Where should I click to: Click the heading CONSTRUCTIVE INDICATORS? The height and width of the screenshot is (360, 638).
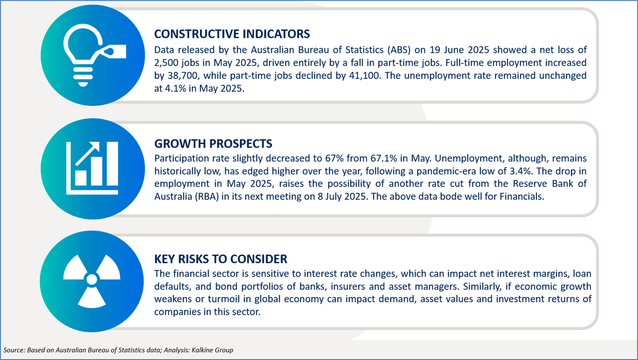pyautogui.click(x=232, y=34)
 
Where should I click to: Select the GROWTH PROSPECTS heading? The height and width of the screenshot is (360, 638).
pyautogui.click(x=213, y=144)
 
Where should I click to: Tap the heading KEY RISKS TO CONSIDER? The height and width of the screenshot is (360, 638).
pyautogui.click(x=221, y=259)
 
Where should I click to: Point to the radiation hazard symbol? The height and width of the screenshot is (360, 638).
pyautogui.click(x=92, y=281)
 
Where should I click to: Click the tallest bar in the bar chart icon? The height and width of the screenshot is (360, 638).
pyautogui.click(x=112, y=164)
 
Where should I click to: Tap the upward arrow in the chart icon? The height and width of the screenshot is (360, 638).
pyautogui.click(x=87, y=154)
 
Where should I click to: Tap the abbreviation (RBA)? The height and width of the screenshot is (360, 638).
pyautogui.click(x=207, y=197)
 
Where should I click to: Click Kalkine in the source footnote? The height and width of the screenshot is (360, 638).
pyautogui.click(x=202, y=350)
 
